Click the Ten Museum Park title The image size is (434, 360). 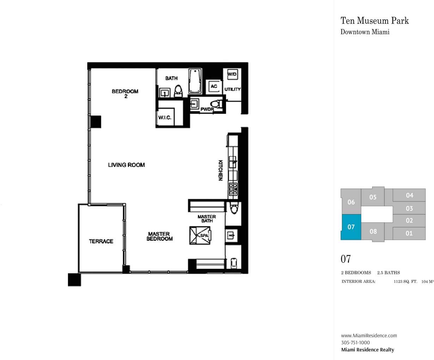coord(374,21)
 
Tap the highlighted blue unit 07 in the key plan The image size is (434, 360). coord(351,227)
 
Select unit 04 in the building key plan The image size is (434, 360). coord(409,195)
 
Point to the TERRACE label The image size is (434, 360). coord(101,241)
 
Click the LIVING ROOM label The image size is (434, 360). coord(126,165)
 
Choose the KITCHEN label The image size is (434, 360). coord(221,170)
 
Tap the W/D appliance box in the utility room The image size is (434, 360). coord(232,74)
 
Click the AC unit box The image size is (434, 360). coord(214,86)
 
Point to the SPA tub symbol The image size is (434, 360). coord(200,235)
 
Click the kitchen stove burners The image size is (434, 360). coord(233,189)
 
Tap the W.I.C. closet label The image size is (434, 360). coord(165,118)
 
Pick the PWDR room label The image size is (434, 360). coord(207,109)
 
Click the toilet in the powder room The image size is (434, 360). coord(216,104)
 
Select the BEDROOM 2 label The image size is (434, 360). coord(125,94)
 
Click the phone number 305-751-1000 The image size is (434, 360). coord(355,342)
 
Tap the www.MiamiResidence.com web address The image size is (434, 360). coord(369,335)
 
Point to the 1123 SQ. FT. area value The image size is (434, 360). coord(405,282)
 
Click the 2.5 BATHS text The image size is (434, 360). coord(389,272)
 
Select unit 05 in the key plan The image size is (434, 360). coord(373,197)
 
